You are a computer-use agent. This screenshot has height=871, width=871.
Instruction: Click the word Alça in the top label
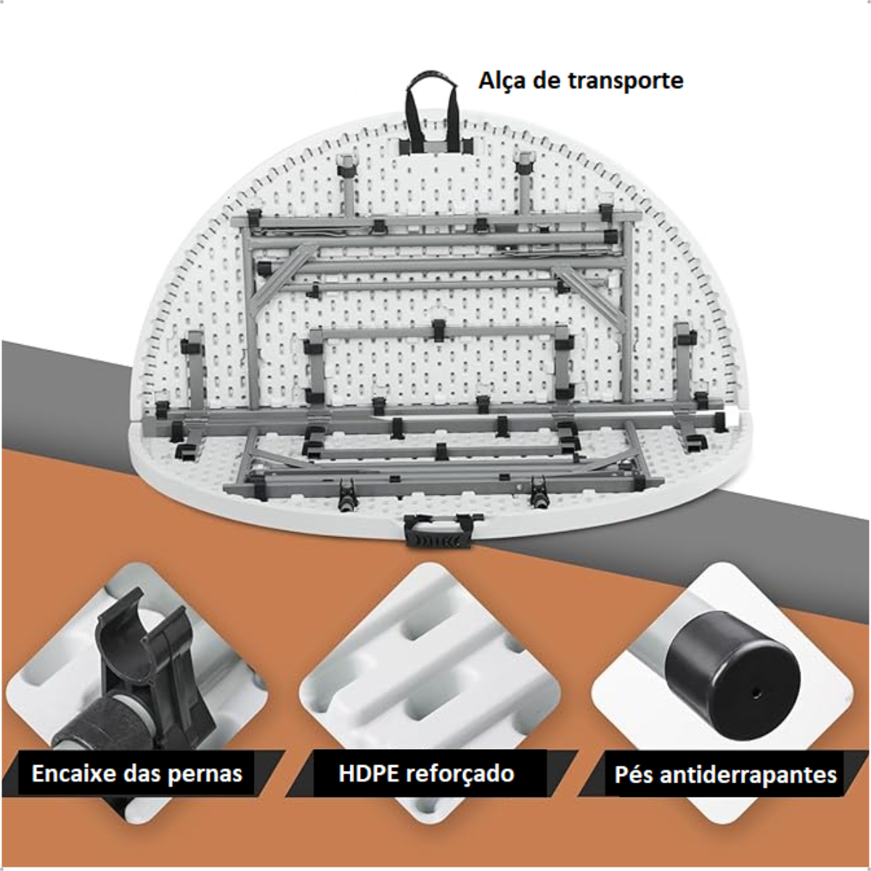click(501, 81)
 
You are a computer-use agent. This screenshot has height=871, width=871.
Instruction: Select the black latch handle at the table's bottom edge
click(438, 531)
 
